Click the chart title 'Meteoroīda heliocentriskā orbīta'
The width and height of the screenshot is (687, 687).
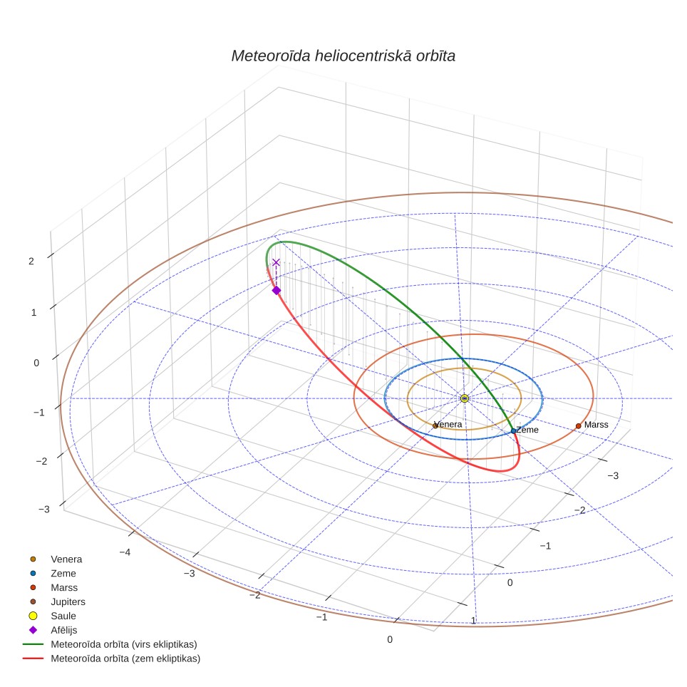coord(343,56)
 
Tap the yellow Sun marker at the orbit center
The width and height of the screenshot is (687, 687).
coord(465,398)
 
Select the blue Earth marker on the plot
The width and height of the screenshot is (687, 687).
coord(514,431)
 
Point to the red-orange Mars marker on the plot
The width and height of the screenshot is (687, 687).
coord(579,426)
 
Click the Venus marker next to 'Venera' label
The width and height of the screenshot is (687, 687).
coord(435,426)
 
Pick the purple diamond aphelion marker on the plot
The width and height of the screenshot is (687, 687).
coord(277,291)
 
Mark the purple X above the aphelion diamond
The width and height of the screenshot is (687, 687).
coord(276,262)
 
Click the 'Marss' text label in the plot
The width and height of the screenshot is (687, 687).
coord(596,425)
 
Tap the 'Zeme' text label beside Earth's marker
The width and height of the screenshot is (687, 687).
coord(527,430)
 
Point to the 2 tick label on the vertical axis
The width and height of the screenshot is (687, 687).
coord(31,261)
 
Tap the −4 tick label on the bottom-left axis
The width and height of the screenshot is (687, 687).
coord(125,552)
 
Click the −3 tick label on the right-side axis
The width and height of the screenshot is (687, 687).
coord(613,475)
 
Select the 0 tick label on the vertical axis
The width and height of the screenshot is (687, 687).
coord(36,363)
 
